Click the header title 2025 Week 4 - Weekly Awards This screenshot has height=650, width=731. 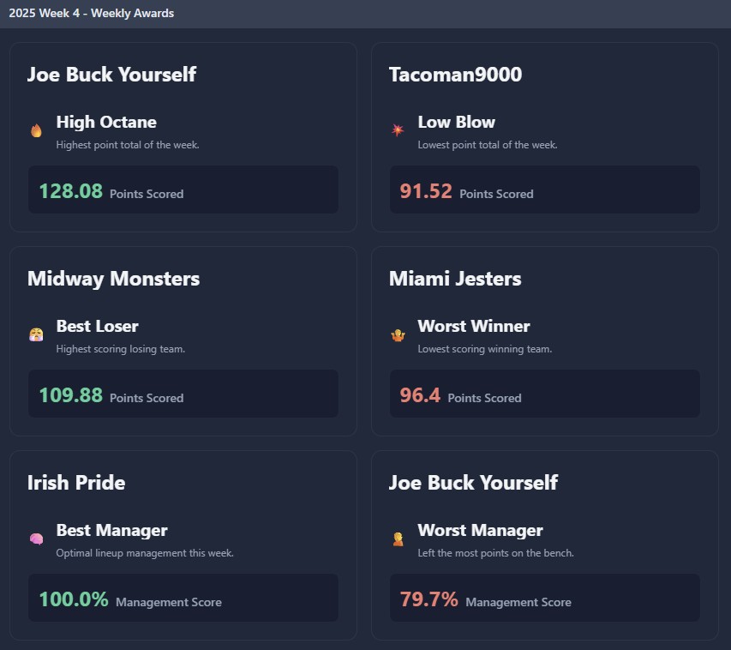[92, 13]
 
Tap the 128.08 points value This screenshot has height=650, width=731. [71, 191]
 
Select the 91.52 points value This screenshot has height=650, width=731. [426, 191]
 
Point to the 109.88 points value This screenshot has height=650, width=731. [71, 395]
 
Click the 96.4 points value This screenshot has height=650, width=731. [420, 395]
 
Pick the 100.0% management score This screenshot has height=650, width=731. [74, 599]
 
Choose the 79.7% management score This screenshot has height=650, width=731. [429, 599]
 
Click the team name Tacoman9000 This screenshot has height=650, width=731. [455, 75]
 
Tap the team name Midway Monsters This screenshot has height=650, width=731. [113, 279]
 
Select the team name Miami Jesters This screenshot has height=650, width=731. [455, 279]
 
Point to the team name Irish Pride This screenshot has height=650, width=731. [76, 483]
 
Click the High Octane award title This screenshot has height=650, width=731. [106, 122]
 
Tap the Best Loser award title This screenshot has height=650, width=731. [98, 326]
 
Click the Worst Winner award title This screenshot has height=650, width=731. [474, 326]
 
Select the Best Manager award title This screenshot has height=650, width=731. [112, 530]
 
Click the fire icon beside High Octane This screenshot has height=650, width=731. [36, 131]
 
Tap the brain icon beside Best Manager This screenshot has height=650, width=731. [36, 539]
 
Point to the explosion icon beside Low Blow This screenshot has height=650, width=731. [398, 130]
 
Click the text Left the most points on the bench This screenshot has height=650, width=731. [495, 553]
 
